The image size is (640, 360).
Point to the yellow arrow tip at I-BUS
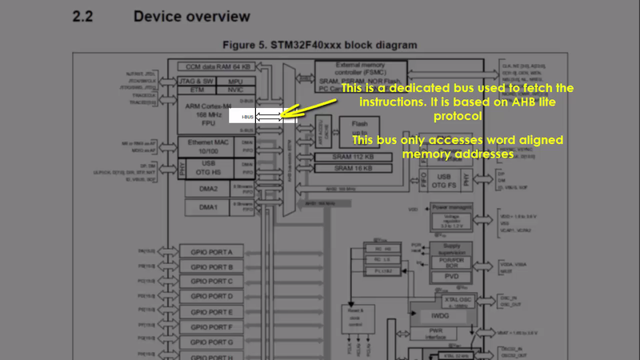[282, 116]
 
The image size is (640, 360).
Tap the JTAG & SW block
[195, 81]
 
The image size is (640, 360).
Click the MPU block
[235, 81]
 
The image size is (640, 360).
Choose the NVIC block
[235, 91]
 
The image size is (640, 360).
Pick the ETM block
[195, 91]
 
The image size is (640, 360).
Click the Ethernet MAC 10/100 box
[208, 146]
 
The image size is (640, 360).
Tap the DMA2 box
[207, 189]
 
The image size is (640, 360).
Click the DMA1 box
[207, 207]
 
